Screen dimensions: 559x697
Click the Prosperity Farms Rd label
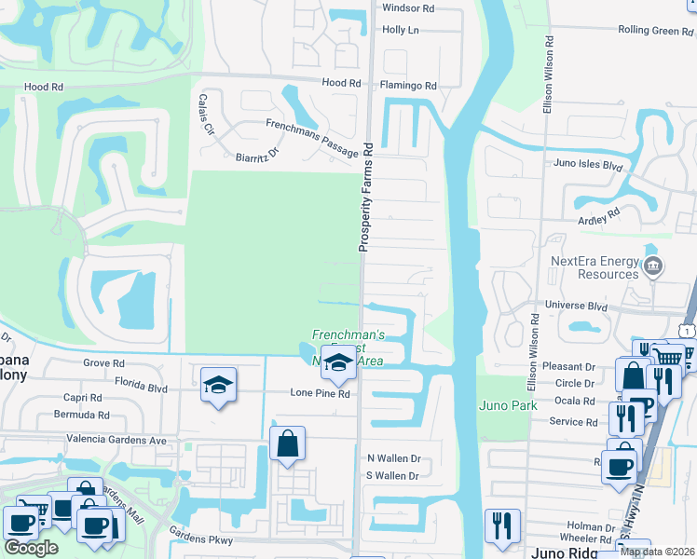[x=367, y=197]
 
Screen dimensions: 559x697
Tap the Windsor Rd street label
[x=408, y=7]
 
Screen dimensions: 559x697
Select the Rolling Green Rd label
[x=655, y=31]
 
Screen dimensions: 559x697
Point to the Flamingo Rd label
[x=407, y=86]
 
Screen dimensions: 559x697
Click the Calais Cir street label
[x=205, y=115]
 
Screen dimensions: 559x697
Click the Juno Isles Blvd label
[x=588, y=164]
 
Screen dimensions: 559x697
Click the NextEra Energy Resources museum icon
[x=652, y=267]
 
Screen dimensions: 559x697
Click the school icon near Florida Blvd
[x=218, y=384]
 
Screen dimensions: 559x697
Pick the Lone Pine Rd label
[x=319, y=394]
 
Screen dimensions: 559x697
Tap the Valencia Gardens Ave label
[x=115, y=440]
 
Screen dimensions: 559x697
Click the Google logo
[x=31, y=548]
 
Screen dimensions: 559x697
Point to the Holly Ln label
[x=401, y=30]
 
